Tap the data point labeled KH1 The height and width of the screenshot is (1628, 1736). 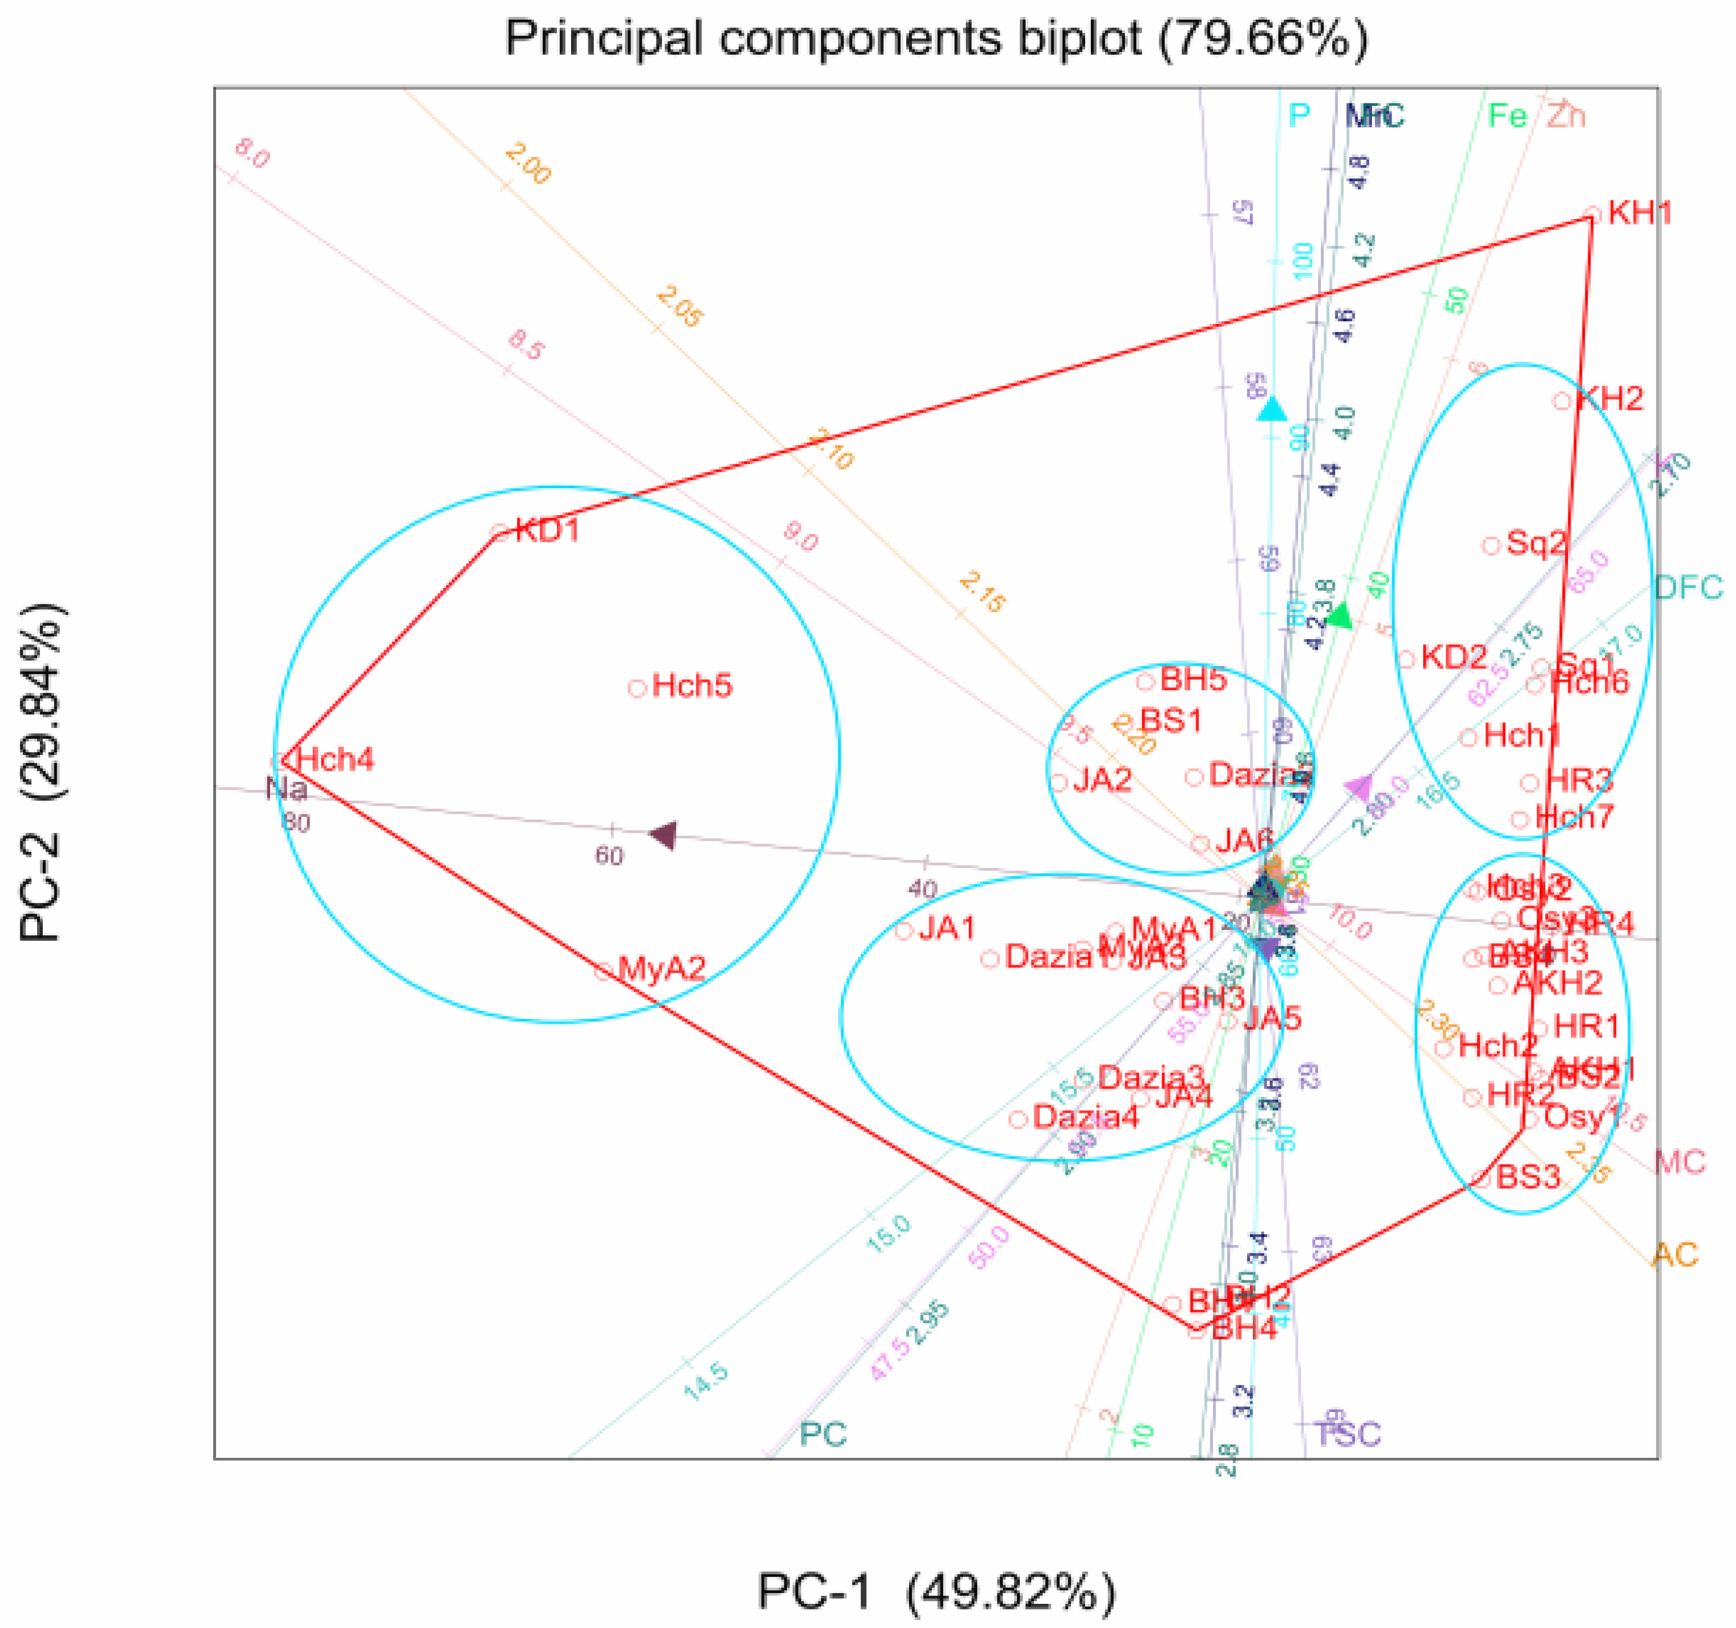click(1593, 214)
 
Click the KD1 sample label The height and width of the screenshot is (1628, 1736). click(547, 530)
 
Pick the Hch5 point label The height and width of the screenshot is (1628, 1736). click(691, 686)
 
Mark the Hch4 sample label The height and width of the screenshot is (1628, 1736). click(335, 759)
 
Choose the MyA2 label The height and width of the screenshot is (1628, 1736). click(661, 969)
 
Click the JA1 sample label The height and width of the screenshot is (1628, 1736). click(947, 928)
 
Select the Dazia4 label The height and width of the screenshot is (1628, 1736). click(1086, 1117)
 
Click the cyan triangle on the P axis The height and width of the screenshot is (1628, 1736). click(1272, 408)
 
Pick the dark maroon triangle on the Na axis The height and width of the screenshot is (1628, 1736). click(664, 834)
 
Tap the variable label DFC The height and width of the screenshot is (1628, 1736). click(1689, 588)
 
